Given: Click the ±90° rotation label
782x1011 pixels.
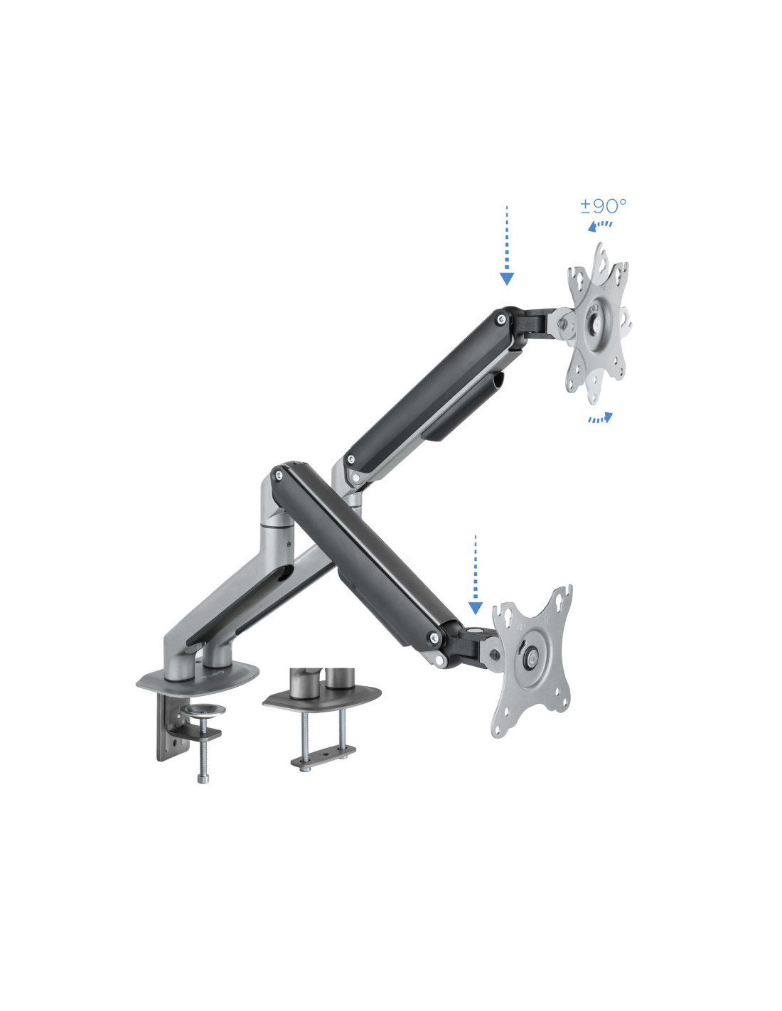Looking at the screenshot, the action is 603,205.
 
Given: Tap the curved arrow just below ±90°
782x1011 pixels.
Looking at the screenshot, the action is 599,225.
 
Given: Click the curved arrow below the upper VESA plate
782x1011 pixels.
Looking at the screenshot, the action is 600,418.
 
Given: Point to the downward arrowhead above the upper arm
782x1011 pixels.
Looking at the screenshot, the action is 507,279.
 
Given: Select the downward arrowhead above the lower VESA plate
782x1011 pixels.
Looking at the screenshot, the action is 475,608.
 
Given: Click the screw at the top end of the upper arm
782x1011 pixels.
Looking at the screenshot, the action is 501,319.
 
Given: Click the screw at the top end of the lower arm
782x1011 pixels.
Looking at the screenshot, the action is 279,475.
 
